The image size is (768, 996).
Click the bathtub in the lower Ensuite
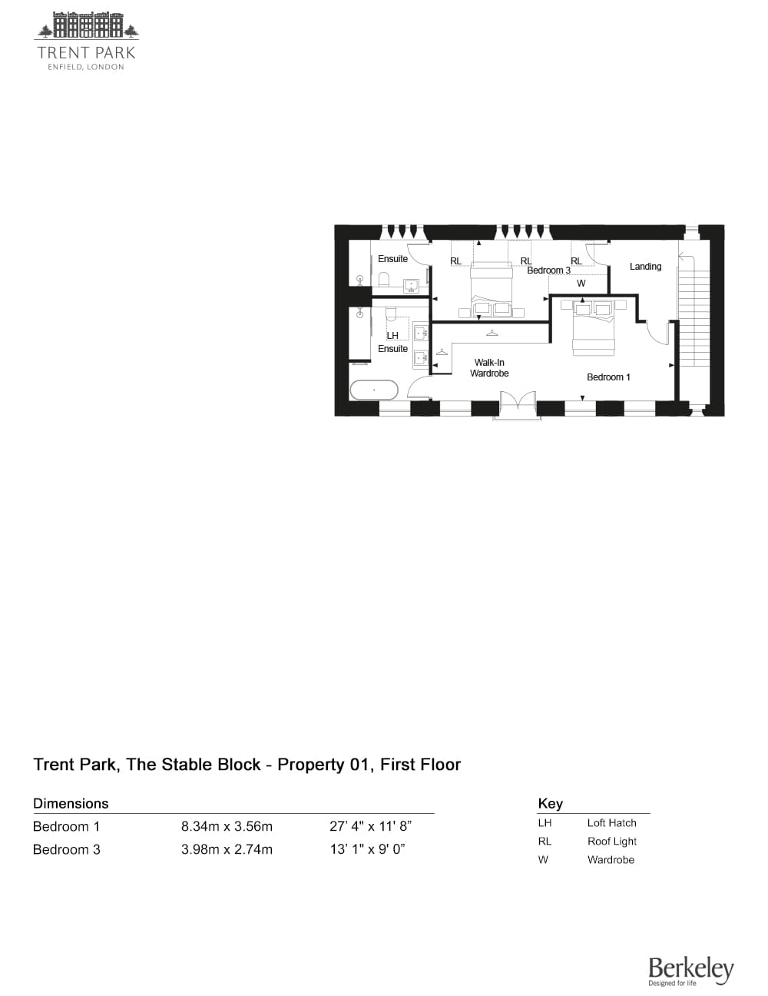pyautogui.click(x=374, y=390)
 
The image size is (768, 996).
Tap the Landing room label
pyautogui.click(x=645, y=267)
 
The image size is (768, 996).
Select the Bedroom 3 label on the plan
pyautogui.click(x=548, y=271)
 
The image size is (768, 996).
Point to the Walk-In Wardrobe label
pyautogui.click(x=489, y=367)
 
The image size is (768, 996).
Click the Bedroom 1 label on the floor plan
pyautogui.click(x=608, y=377)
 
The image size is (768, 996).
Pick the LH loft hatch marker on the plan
pyautogui.click(x=392, y=336)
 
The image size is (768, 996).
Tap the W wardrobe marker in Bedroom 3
pyautogui.click(x=581, y=284)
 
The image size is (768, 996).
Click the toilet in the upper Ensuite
pyautogui.click(x=384, y=279)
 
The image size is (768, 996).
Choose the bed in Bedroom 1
pyautogui.click(x=593, y=327)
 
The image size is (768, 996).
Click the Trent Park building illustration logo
pyautogui.click(x=87, y=25)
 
